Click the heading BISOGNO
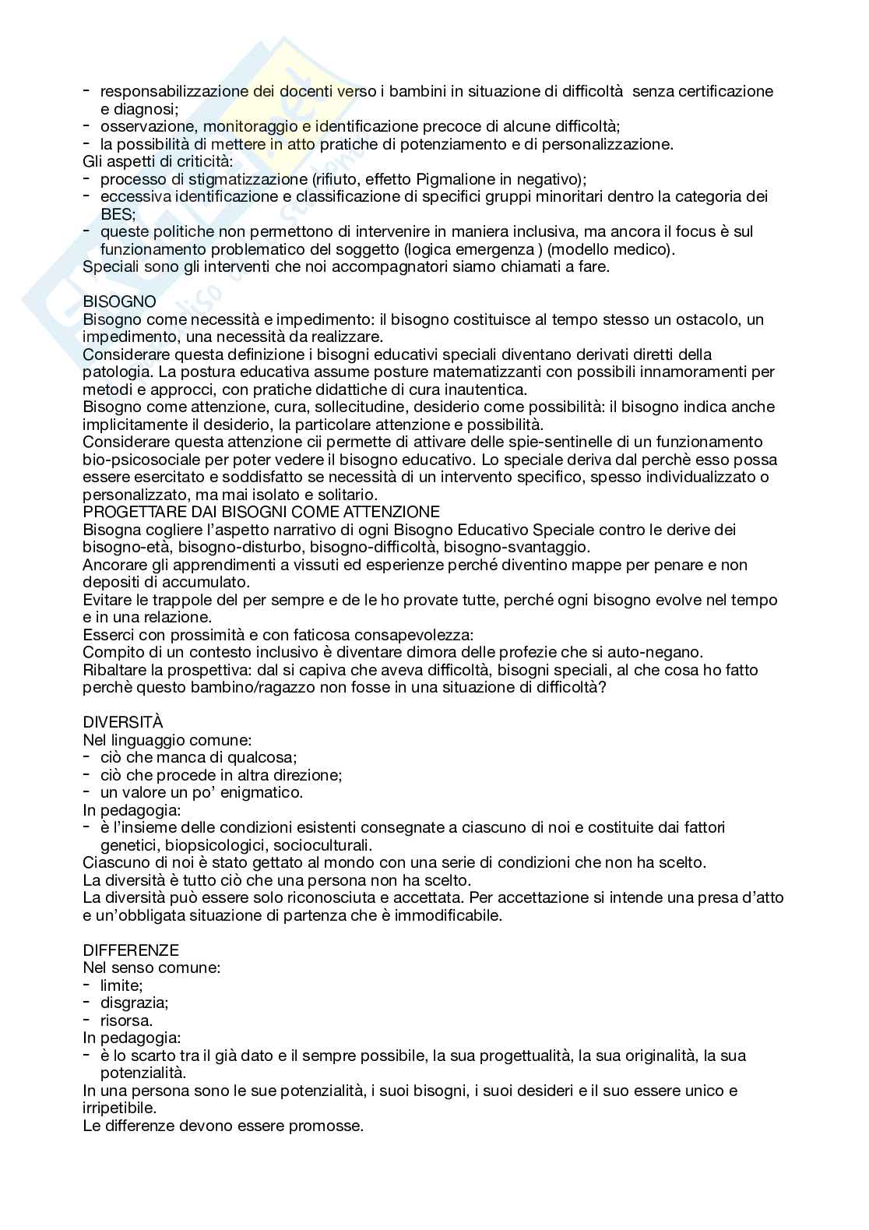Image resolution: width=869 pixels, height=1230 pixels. (x=119, y=301)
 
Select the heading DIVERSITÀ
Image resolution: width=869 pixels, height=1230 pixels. (x=123, y=722)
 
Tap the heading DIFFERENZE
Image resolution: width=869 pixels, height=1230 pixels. (x=131, y=950)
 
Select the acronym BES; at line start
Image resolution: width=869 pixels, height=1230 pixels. (x=118, y=213)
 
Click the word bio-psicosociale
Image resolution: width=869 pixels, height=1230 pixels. (x=138, y=460)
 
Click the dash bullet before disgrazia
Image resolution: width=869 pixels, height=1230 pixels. (x=86, y=1003)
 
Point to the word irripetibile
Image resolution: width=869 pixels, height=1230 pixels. (x=118, y=1108)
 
